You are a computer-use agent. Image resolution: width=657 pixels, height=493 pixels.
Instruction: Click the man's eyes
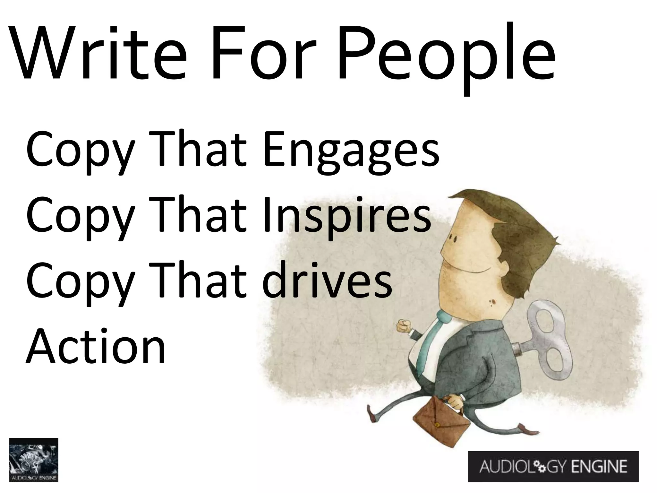[x=454, y=239]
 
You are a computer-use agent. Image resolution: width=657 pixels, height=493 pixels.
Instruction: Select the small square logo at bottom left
[x=34, y=460]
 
